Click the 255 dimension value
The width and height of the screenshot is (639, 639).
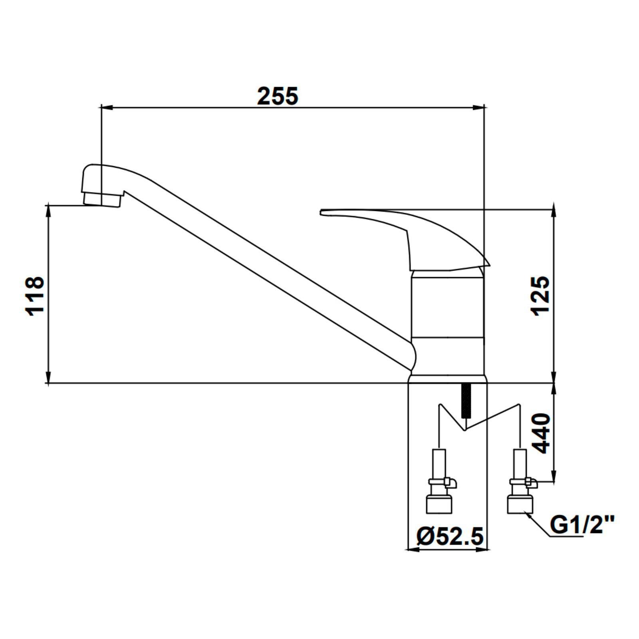[278, 96]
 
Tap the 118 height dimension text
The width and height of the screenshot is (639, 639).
[35, 296]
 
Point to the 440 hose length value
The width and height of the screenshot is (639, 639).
[542, 433]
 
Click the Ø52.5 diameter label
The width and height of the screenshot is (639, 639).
[450, 536]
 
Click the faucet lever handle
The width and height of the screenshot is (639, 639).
[405, 239]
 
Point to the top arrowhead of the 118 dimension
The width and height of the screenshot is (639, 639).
[48, 210]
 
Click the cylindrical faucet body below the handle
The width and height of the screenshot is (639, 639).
[448, 323]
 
